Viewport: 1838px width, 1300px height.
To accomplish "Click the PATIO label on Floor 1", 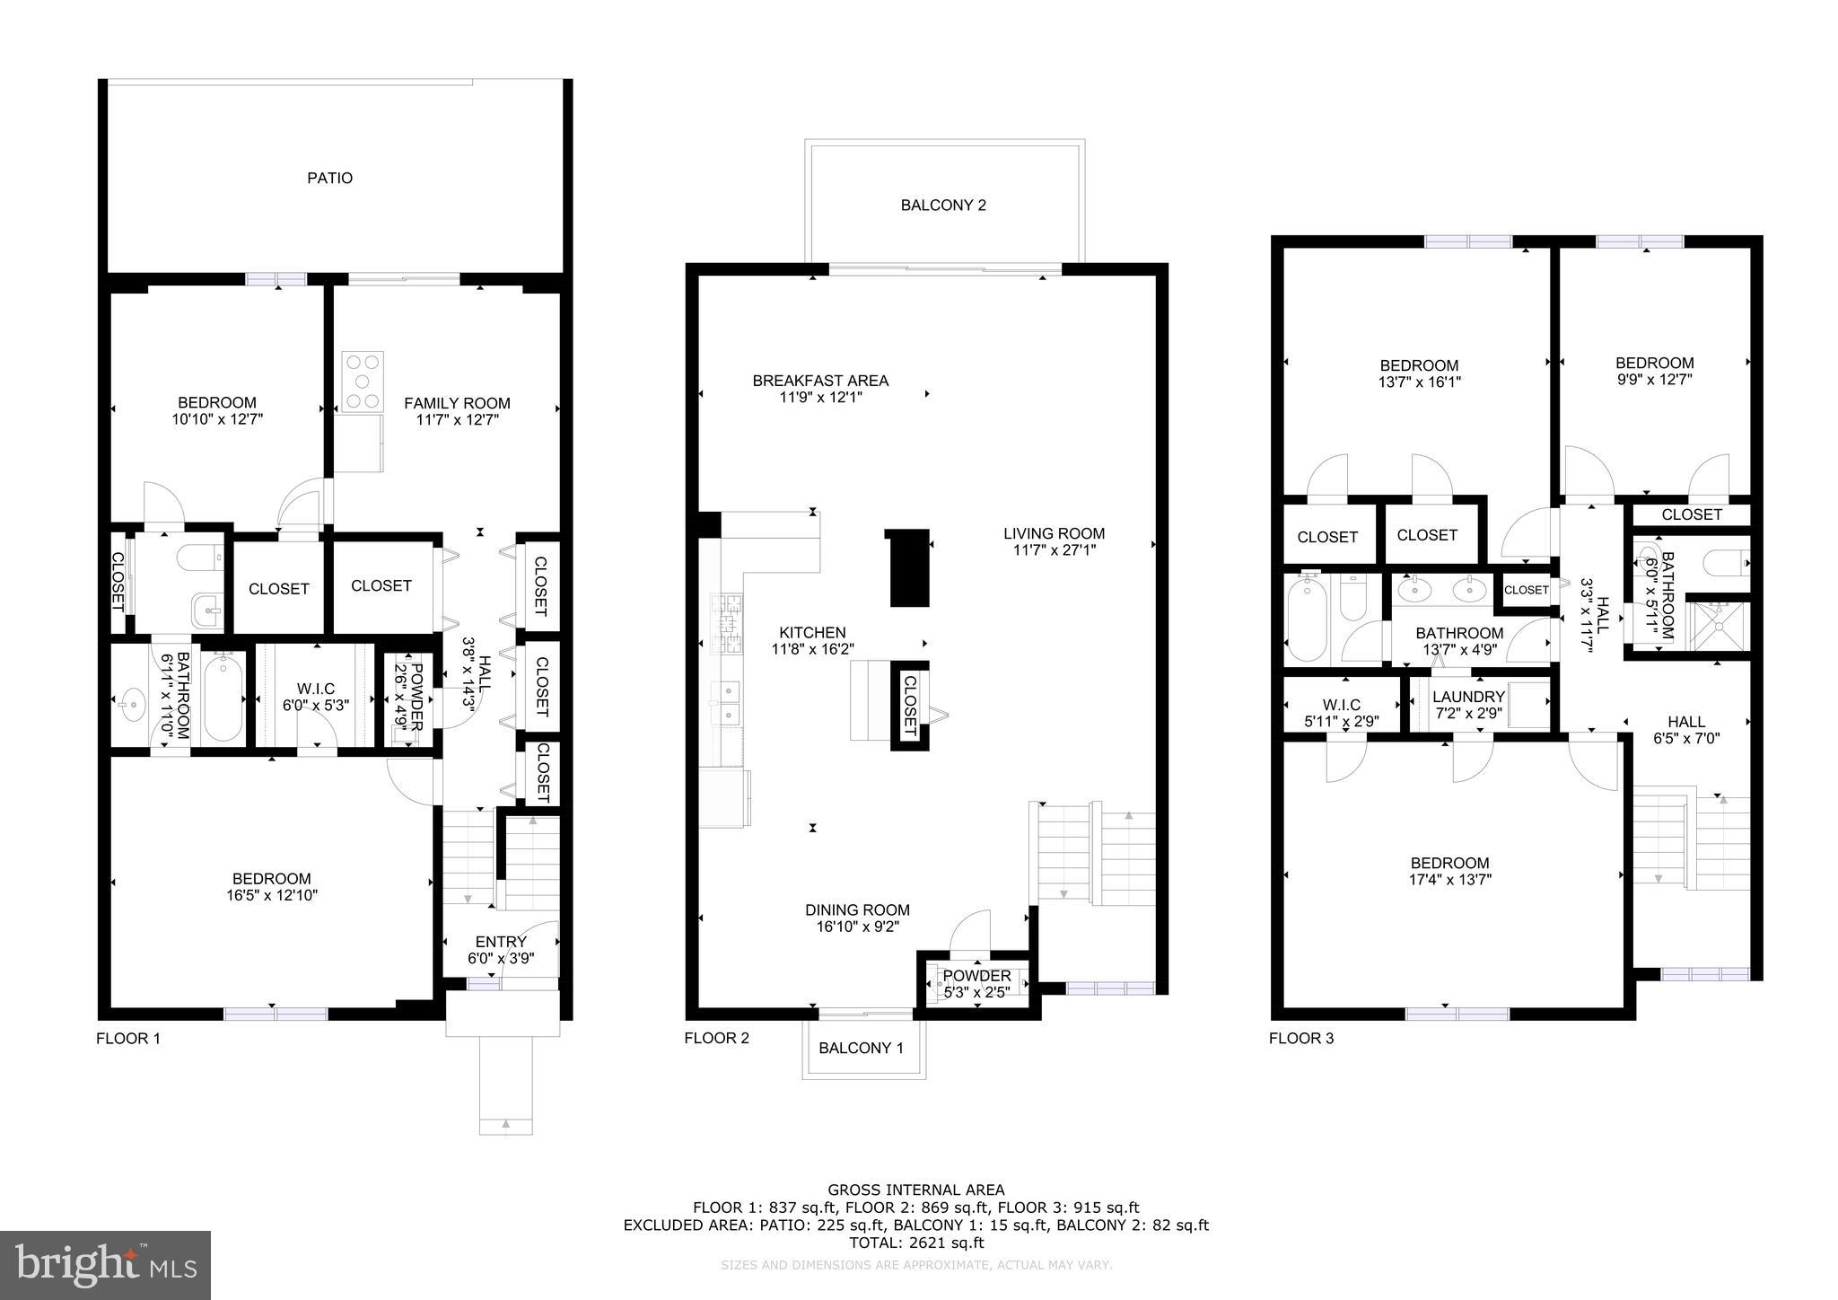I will click(329, 178).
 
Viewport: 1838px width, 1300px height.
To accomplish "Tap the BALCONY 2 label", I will click(943, 206).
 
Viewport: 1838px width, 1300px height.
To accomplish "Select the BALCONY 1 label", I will click(861, 1048).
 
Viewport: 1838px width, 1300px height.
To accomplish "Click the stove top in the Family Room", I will click(363, 382).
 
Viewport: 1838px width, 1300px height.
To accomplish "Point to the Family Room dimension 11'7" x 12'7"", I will click(457, 419).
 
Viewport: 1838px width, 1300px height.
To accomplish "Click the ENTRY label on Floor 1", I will click(501, 942).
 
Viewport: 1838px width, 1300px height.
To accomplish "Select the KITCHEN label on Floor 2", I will click(812, 633).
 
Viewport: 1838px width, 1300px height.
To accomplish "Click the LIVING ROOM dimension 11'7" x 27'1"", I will click(1054, 549).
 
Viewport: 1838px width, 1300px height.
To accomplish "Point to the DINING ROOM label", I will click(857, 910).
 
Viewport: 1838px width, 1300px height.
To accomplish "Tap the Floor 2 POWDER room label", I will click(976, 976).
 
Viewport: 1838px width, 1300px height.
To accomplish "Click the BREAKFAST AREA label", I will click(820, 381).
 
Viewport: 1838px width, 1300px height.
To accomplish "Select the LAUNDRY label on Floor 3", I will click(1468, 697).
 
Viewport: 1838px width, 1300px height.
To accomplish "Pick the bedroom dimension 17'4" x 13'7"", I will click(1449, 880).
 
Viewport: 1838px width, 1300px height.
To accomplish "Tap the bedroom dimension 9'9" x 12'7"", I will click(1654, 379).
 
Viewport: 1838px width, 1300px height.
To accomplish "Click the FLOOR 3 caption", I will click(1300, 1039).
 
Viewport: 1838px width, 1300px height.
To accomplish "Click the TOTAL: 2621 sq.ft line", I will click(916, 1243).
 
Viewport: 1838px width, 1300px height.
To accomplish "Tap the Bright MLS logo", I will click(106, 1265).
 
